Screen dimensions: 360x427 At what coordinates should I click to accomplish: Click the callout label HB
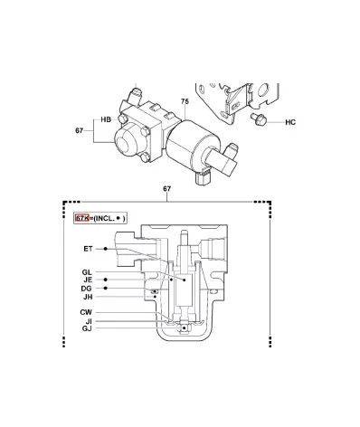[x=106, y=119]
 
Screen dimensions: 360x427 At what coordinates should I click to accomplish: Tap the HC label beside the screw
[x=290, y=122]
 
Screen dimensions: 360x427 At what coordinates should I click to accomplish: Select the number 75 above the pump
[x=185, y=101]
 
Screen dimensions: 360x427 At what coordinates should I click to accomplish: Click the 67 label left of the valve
[x=79, y=130]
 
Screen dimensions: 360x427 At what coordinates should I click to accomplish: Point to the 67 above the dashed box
[x=167, y=189]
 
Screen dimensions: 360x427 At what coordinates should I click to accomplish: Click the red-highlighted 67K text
[x=82, y=218]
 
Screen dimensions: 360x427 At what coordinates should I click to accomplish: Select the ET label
[x=88, y=249]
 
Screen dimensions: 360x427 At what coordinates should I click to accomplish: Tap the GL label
[x=87, y=272]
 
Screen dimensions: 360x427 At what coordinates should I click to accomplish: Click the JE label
[x=88, y=280]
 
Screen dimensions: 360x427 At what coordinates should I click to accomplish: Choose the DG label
[x=86, y=289]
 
